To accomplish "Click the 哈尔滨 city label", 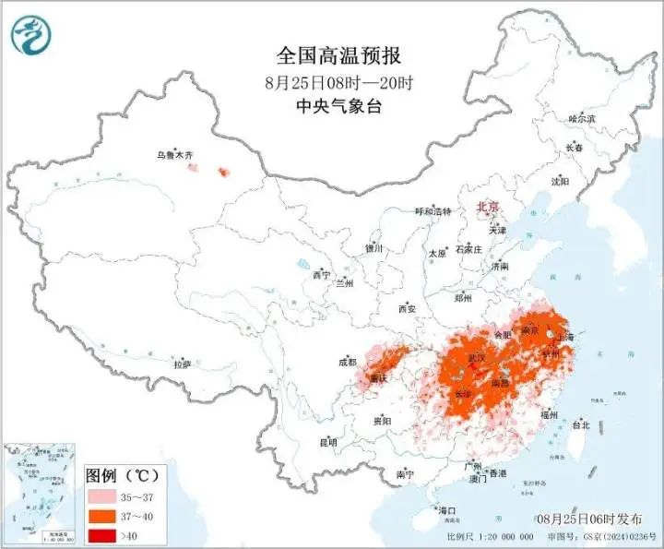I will tap(581, 119).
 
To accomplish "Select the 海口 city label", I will tap(447, 509).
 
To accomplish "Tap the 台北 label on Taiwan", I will tap(580, 425).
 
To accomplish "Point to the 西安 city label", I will tap(408, 308).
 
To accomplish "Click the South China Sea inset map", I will tap(39, 494).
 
